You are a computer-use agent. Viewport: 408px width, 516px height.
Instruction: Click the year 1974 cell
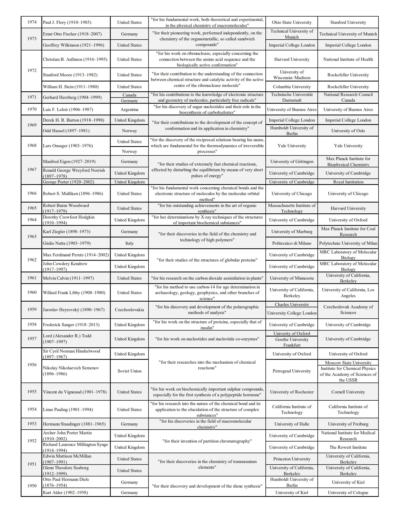(x=32, y=22)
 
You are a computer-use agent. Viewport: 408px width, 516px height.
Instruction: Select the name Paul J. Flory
(x=67, y=22)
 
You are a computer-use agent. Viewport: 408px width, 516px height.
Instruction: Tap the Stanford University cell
(x=348, y=22)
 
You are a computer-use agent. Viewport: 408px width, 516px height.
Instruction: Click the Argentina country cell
(x=129, y=109)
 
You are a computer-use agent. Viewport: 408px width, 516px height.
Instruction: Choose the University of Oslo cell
(x=348, y=131)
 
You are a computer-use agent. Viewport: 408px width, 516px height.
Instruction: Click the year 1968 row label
(x=32, y=146)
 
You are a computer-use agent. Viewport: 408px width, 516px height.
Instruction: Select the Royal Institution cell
(x=348, y=182)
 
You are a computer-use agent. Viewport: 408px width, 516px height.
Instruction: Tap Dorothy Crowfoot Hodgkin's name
(x=69, y=220)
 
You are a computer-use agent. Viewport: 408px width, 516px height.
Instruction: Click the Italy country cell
(x=129, y=243)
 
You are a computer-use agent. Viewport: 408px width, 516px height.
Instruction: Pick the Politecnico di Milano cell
(x=292, y=243)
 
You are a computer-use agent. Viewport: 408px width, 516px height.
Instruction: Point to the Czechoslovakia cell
(x=129, y=310)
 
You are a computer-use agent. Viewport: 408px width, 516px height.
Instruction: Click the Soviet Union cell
(x=129, y=371)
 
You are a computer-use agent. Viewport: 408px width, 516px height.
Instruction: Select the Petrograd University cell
(x=292, y=371)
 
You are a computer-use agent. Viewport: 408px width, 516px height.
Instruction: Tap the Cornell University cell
(x=348, y=392)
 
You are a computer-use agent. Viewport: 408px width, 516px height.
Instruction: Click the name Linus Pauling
(x=68, y=409)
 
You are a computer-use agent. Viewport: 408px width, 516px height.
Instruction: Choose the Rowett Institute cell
(x=348, y=447)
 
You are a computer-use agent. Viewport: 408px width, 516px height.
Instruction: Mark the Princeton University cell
(x=292, y=459)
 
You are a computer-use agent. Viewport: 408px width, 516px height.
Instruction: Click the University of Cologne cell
(x=348, y=492)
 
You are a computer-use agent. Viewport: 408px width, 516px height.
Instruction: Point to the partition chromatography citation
(x=207, y=441)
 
